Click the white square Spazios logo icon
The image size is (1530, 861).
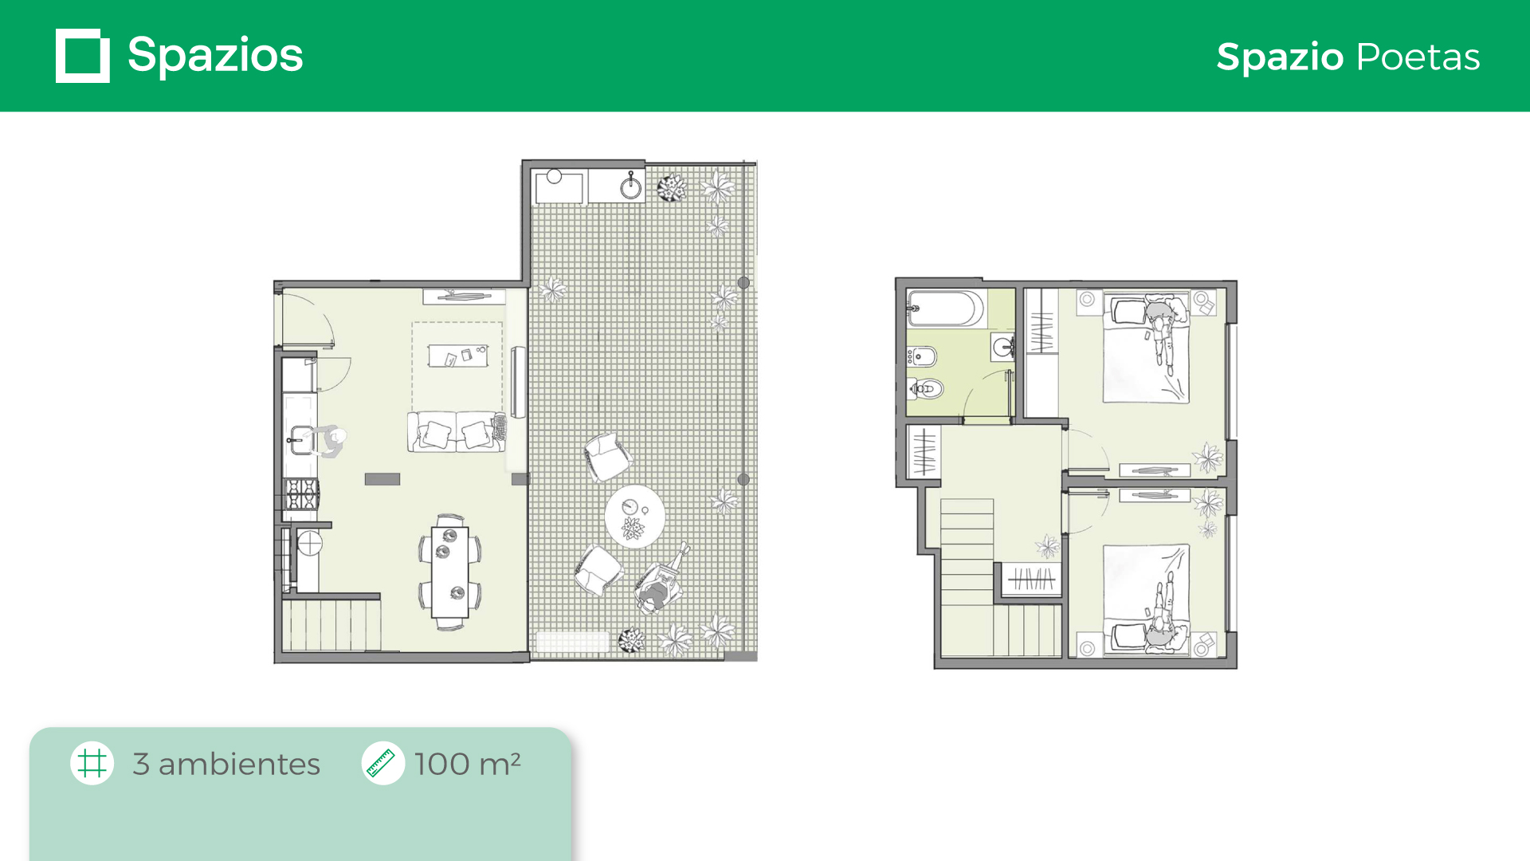click(83, 56)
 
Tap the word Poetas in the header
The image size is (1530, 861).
click(1418, 57)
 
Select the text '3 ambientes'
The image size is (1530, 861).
click(226, 764)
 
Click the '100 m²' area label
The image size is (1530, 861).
click(468, 764)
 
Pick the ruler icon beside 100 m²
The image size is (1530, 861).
click(382, 763)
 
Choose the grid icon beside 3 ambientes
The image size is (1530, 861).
click(92, 763)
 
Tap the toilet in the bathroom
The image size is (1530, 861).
click(926, 388)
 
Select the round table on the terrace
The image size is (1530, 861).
click(634, 517)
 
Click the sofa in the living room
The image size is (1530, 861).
click(457, 431)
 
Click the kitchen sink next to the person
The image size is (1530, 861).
click(301, 440)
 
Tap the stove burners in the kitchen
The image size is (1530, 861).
click(302, 494)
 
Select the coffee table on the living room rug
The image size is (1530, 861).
click(458, 356)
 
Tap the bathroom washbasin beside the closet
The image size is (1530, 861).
click(1002, 348)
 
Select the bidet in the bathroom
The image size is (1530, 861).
click(922, 356)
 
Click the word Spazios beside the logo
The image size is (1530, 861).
click(215, 56)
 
